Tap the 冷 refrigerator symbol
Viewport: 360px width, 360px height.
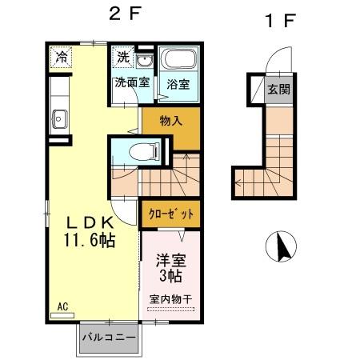[x=62, y=57]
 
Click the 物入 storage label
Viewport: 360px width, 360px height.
[x=171, y=122]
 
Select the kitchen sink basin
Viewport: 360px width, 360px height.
[x=59, y=120]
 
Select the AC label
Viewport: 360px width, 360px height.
[x=62, y=306]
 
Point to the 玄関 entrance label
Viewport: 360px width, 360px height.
[x=278, y=90]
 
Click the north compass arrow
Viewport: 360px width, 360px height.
[x=282, y=245]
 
